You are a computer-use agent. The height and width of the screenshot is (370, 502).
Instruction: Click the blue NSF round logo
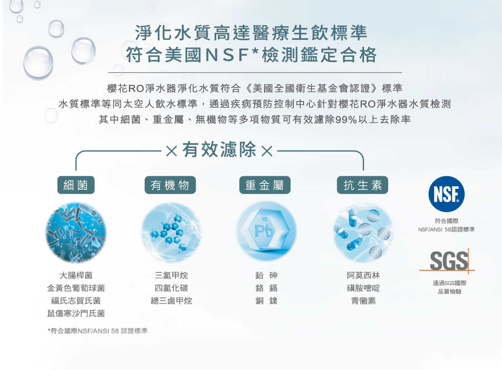pos(446,194)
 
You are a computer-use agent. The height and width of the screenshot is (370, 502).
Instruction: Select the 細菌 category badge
pos(76,185)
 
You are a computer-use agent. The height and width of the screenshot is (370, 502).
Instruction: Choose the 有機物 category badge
pos(170,185)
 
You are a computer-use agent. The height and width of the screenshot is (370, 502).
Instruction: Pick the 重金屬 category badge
pos(265,185)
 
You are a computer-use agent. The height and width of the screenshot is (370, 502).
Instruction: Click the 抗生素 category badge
pos(362,185)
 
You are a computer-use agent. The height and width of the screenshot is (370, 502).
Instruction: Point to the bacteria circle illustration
pos(76,232)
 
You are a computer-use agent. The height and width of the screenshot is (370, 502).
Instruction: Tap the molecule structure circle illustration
pos(171,232)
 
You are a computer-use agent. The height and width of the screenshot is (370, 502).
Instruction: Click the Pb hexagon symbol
pos(265,230)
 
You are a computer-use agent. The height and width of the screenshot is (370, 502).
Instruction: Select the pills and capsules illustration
pos(363,232)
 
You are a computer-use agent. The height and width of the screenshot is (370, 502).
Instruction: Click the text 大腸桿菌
pos(76,275)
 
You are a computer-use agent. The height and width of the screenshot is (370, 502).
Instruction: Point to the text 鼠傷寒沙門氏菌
pos(76,313)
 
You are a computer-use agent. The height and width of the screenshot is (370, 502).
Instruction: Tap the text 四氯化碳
pos(171,288)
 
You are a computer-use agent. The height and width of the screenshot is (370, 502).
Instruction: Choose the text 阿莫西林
pos(363,275)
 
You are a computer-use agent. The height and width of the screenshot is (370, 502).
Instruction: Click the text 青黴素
pos(363,301)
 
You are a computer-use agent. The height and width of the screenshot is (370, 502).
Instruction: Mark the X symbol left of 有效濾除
pos(172,151)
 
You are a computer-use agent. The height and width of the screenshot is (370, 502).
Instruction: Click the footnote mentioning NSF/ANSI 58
pos(98,331)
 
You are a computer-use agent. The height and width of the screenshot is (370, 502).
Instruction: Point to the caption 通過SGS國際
pos(449,283)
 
